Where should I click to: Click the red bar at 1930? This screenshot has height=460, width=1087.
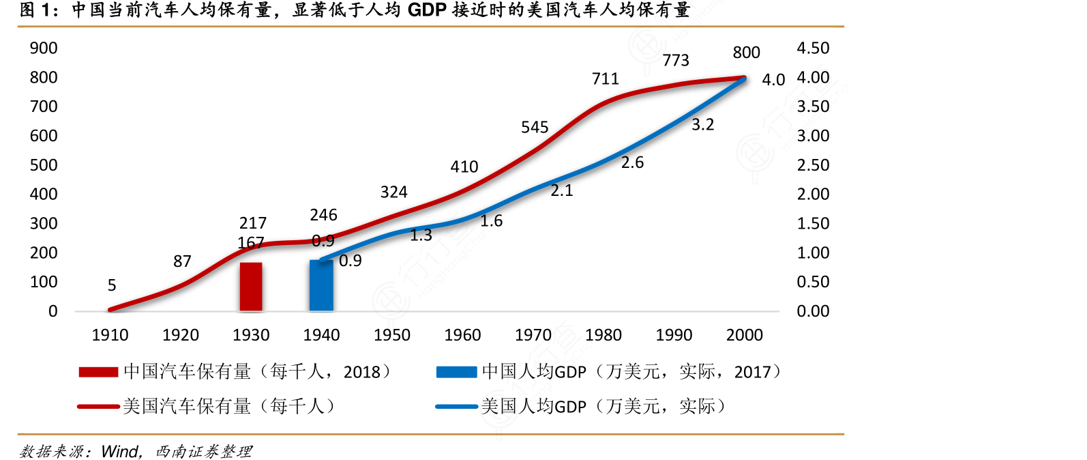(x=251, y=287)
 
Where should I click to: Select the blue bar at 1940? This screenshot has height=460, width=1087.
(x=321, y=285)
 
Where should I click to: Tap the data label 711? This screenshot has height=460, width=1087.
(x=606, y=79)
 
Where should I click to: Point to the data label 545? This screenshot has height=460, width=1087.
(x=535, y=128)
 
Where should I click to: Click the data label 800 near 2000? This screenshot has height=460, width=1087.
(x=746, y=53)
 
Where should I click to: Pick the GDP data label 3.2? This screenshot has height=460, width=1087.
(x=702, y=125)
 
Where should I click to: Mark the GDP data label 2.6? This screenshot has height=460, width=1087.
(x=632, y=162)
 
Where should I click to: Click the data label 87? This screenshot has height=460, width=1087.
(x=182, y=261)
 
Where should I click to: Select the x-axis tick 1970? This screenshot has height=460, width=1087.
(x=533, y=335)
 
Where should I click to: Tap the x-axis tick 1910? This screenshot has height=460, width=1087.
(x=110, y=335)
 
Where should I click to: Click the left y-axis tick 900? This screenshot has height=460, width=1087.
(x=44, y=48)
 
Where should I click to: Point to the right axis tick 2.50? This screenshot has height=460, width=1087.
(x=813, y=165)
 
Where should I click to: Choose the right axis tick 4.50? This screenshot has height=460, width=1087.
(x=813, y=48)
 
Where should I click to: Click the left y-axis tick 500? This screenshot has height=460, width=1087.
(x=44, y=165)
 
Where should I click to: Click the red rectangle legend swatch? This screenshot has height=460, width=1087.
(x=98, y=372)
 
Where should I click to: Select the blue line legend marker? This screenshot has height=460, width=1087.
(x=456, y=407)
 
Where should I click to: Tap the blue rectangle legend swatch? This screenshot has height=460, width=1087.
(x=456, y=372)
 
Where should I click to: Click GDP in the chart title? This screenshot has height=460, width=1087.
(x=427, y=10)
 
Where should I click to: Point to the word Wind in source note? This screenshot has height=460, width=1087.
(x=120, y=451)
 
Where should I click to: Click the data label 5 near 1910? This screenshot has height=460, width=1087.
(x=112, y=285)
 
